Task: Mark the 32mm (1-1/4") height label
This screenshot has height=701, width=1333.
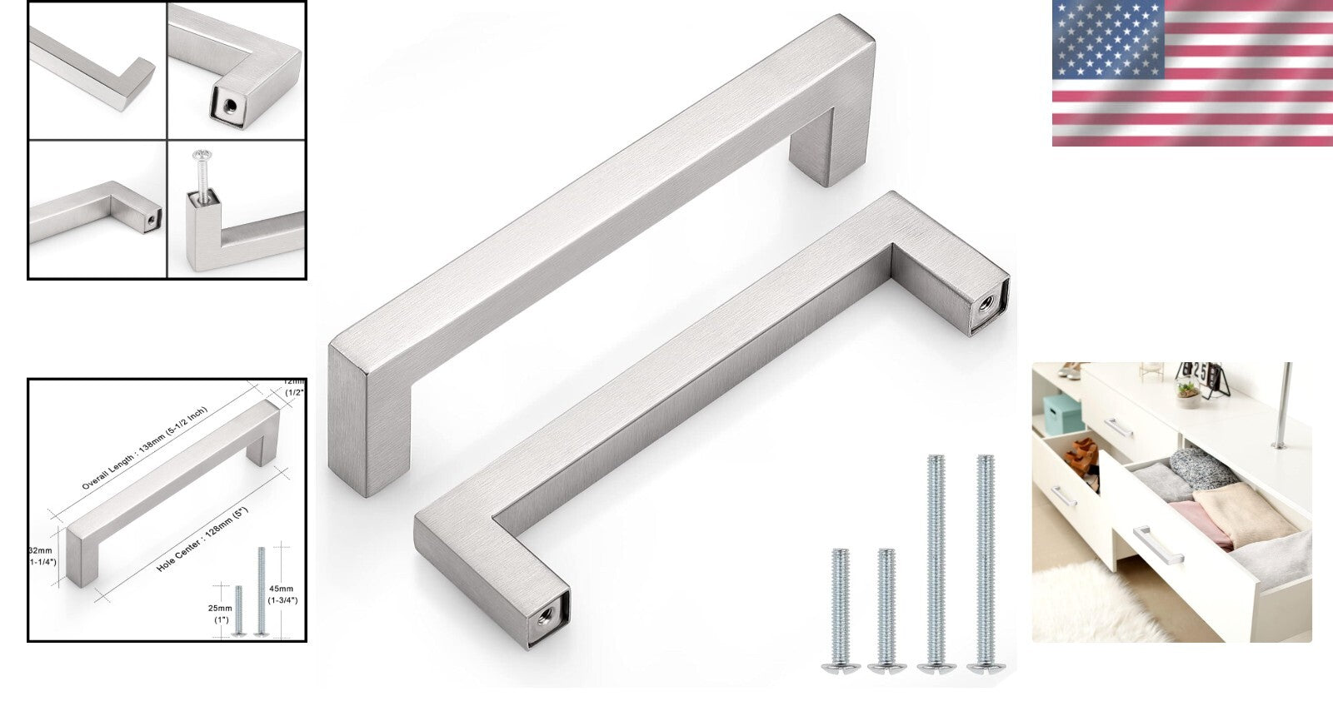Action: point(42,556)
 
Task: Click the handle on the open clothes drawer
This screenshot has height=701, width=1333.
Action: point(1158,544)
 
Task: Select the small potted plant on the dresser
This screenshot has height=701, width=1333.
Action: point(1187,388)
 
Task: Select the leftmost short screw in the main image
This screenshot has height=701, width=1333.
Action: point(839,608)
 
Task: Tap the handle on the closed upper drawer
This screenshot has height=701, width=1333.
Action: point(1118,428)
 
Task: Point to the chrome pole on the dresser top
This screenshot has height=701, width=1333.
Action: point(1283,404)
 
